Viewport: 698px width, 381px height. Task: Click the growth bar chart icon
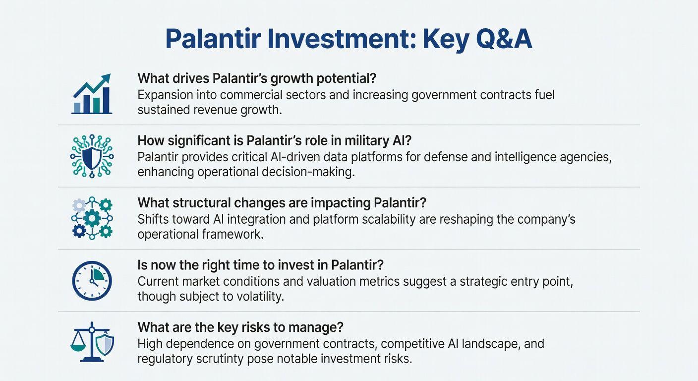[92, 94]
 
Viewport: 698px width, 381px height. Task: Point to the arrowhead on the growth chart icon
[106, 78]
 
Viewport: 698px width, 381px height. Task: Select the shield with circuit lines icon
[92, 156]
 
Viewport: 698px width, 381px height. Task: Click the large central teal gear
[92, 218]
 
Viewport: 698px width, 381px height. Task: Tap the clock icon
[92, 281]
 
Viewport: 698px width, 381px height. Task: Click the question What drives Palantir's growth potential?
[257, 78]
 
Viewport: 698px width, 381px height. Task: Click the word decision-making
[308, 172]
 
